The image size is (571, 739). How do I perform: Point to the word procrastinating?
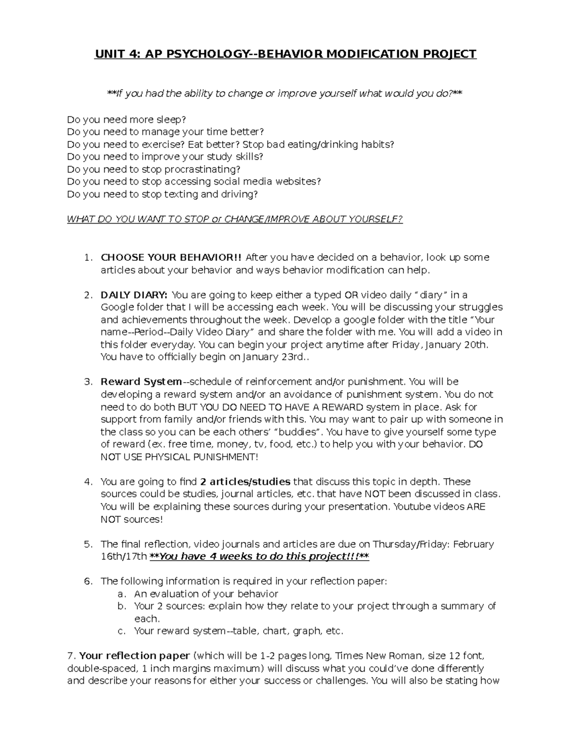click(202, 169)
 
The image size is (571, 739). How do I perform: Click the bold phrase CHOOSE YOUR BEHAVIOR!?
click(171, 257)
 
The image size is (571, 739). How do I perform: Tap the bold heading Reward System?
click(141, 382)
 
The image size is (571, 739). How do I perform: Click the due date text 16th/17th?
click(124, 556)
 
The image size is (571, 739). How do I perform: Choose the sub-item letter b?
click(121, 606)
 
